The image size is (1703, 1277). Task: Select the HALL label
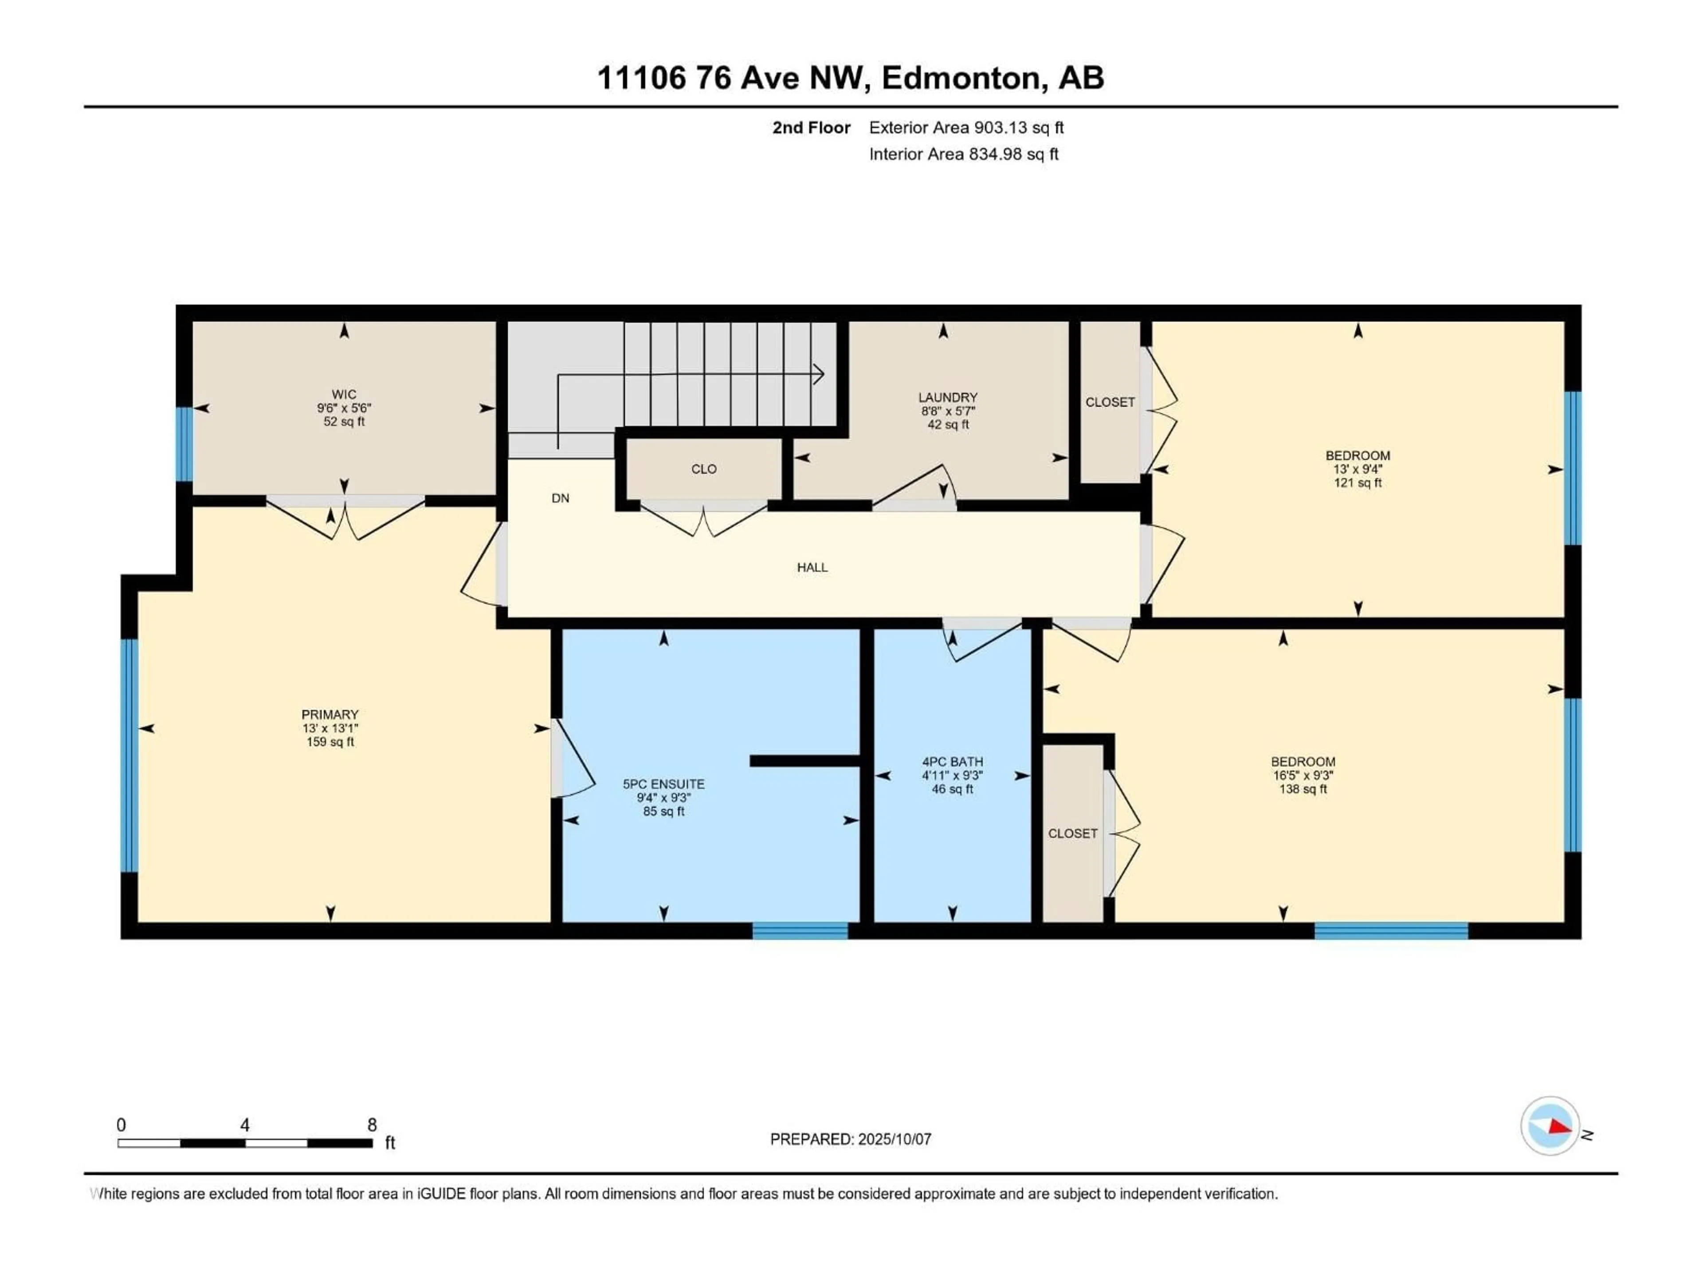click(x=812, y=567)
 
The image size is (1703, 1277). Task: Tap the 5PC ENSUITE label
click(x=663, y=783)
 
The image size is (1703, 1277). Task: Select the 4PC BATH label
click(x=952, y=761)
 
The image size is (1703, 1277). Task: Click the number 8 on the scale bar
click(x=372, y=1124)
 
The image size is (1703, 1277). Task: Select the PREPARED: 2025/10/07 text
click(x=850, y=1139)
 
